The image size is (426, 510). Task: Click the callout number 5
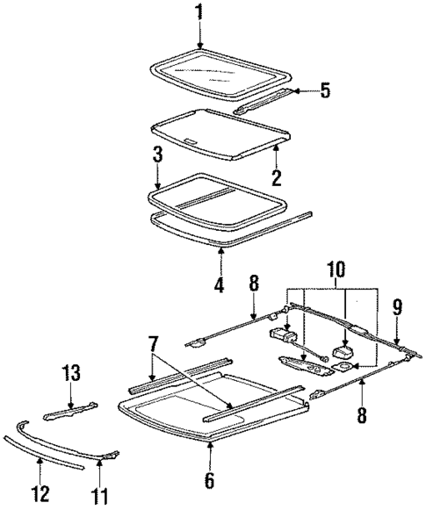[325, 90]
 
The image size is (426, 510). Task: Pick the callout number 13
[70, 374]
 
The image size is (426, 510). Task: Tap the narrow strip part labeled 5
[264, 99]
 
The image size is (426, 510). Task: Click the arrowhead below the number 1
[199, 46]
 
